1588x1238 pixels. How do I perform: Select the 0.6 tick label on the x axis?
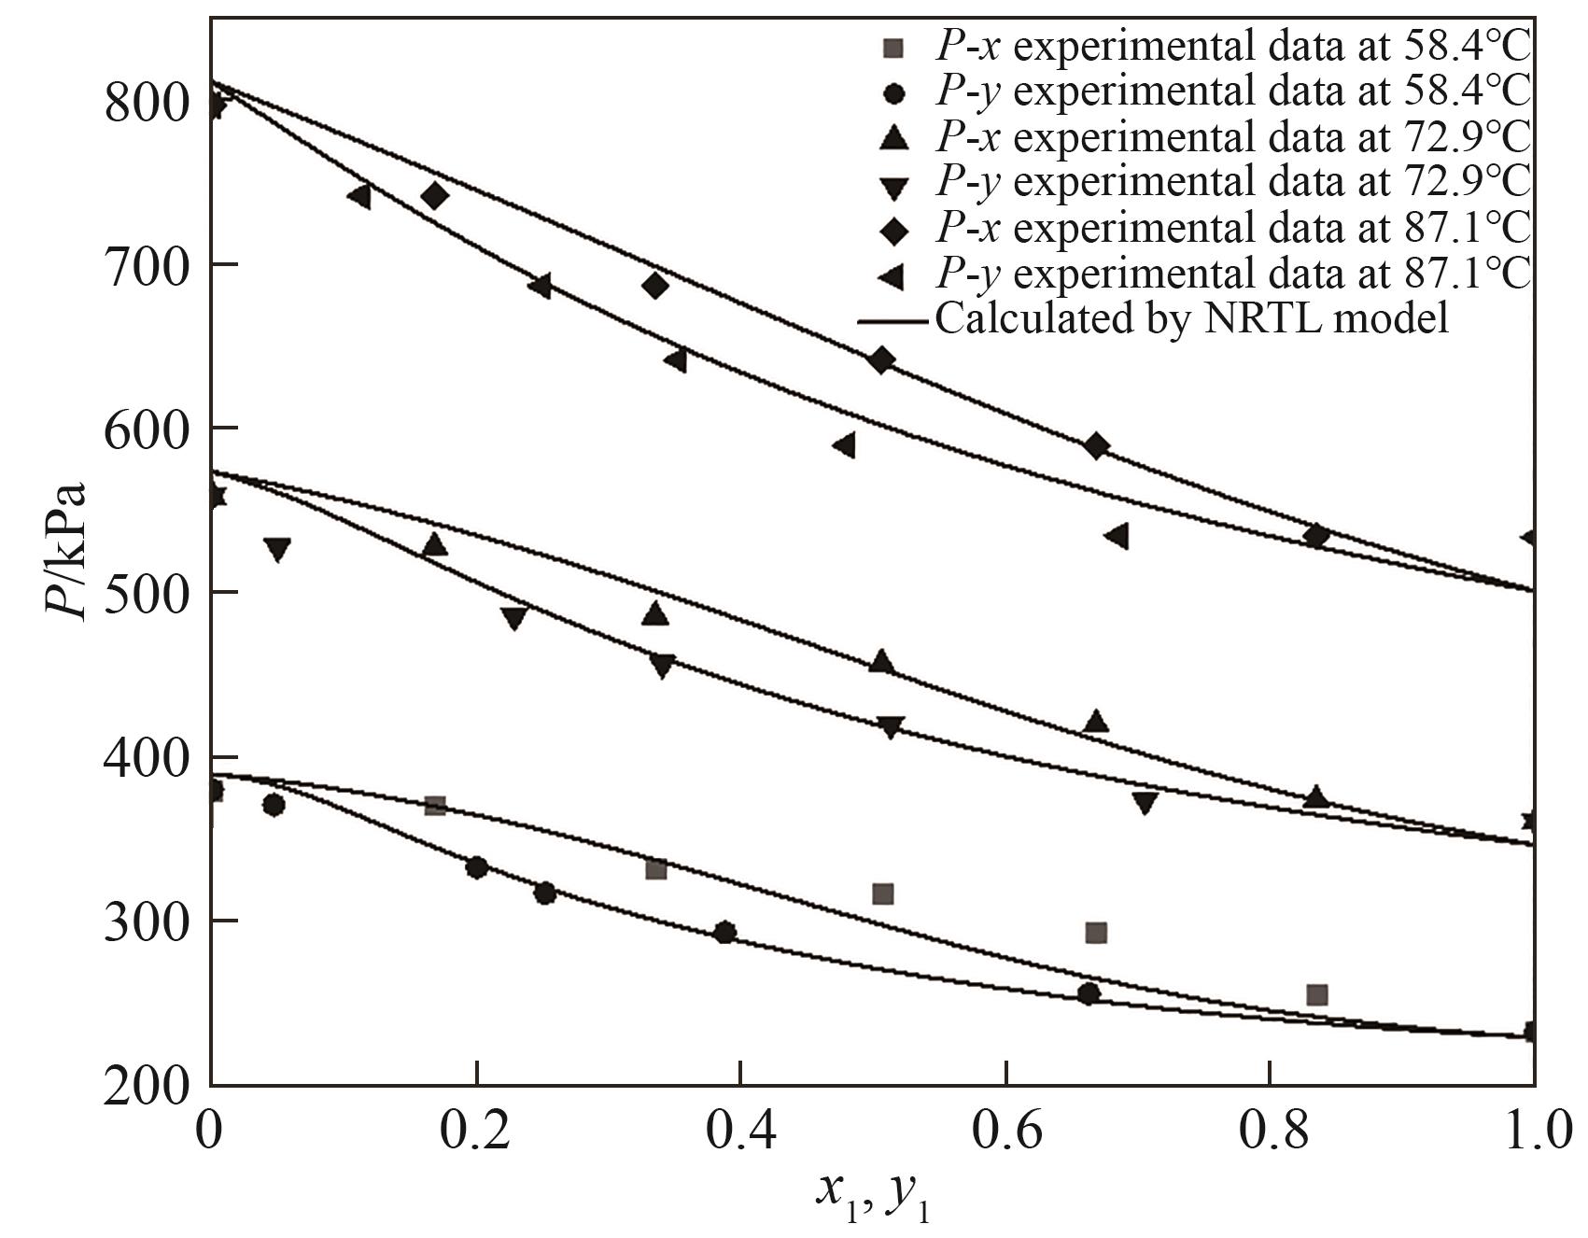point(1005,1132)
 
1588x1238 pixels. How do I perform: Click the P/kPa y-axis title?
point(66,552)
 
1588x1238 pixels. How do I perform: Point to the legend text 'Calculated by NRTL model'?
point(1192,318)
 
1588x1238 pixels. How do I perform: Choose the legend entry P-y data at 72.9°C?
point(1232,182)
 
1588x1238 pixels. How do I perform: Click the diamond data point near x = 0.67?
point(1097,446)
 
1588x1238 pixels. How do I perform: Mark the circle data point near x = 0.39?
point(724,933)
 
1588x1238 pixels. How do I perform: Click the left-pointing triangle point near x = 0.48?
point(844,445)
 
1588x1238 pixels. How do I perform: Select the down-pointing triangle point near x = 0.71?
point(1145,803)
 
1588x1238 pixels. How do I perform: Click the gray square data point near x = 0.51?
point(882,894)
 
